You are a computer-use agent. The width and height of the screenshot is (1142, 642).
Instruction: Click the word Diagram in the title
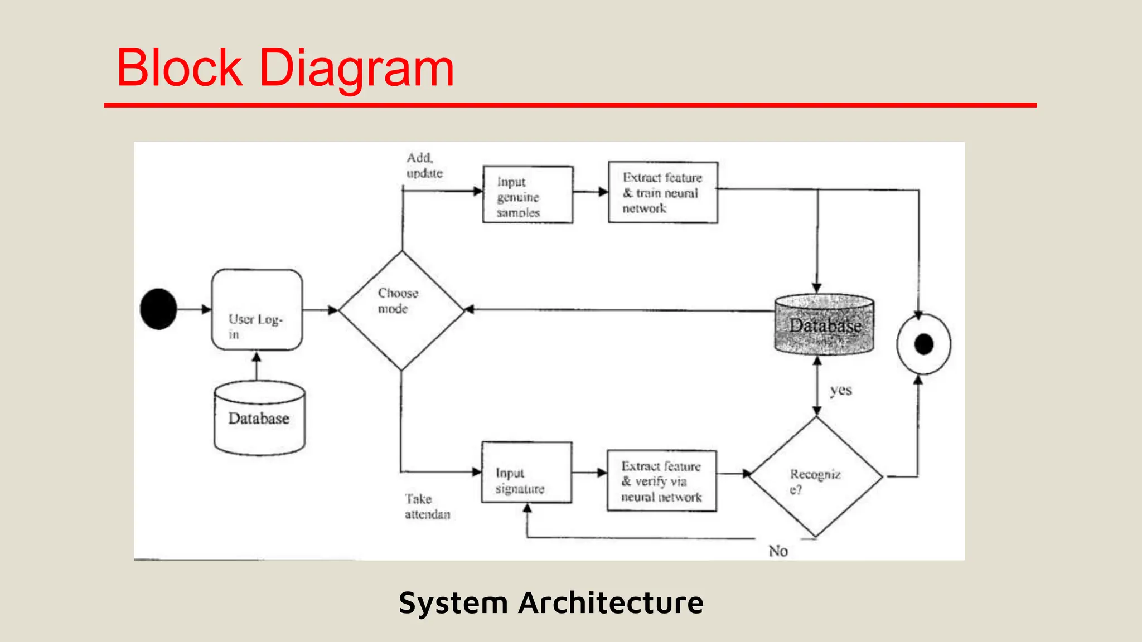357,69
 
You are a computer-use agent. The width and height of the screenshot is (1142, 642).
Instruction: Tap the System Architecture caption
551,603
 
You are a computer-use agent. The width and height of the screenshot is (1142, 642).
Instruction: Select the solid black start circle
158,309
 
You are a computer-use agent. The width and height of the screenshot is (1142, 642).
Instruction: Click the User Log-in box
257,310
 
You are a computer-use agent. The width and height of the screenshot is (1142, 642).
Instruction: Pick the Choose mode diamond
401,310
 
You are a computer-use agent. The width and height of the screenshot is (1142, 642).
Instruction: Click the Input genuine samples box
528,194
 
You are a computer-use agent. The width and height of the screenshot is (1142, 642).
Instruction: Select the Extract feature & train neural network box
662,193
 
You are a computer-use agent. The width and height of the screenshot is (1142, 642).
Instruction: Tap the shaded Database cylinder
824,325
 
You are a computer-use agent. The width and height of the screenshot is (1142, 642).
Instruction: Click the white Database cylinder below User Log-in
259,418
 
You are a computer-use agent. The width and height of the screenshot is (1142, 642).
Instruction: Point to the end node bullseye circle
923,344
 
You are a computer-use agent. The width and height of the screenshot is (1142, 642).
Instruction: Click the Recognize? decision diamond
816,477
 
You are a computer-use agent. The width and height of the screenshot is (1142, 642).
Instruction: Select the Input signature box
526,473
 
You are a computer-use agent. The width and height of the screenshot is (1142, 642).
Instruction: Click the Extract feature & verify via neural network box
661,481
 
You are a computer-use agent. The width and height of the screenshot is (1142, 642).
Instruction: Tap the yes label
840,390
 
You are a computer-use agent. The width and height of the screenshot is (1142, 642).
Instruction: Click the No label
778,551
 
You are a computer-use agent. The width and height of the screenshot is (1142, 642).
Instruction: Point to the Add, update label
424,166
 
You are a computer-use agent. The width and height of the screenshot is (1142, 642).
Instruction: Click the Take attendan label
427,507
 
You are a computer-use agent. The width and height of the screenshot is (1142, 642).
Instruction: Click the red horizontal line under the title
570,105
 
